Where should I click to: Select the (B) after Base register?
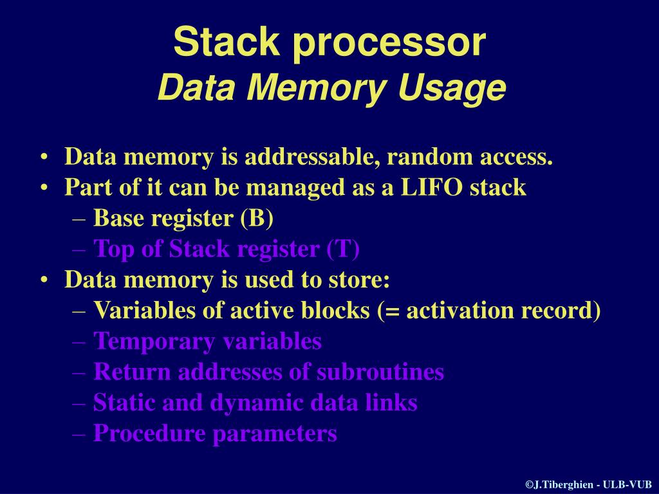coord(257,218)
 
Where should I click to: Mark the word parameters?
coord(275,434)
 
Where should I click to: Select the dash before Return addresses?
coord(80,372)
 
